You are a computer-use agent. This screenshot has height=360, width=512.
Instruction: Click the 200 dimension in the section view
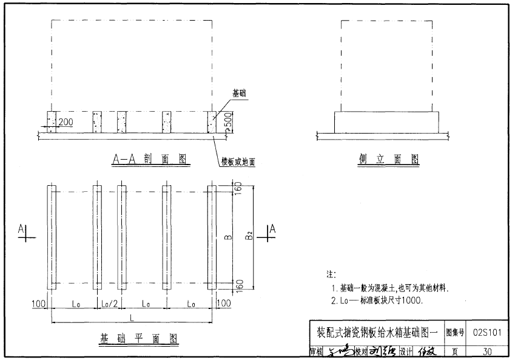(66, 122)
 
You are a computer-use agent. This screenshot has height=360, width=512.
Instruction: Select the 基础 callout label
(240, 94)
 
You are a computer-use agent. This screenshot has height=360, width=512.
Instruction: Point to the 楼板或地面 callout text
(238, 162)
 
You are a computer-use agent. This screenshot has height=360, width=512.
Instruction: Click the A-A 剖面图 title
(149, 159)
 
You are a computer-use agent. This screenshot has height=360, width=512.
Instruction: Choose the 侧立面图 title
(389, 159)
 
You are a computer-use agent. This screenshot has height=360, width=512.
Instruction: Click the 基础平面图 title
(139, 338)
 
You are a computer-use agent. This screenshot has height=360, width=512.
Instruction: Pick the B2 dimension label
(249, 235)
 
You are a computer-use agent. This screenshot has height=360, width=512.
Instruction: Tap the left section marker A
(22, 229)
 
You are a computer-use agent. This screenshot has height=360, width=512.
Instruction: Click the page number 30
(487, 351)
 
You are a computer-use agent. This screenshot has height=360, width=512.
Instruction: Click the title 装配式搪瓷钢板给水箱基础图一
(377, 333)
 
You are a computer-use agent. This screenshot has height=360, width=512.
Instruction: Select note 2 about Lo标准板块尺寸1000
(377, 300)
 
